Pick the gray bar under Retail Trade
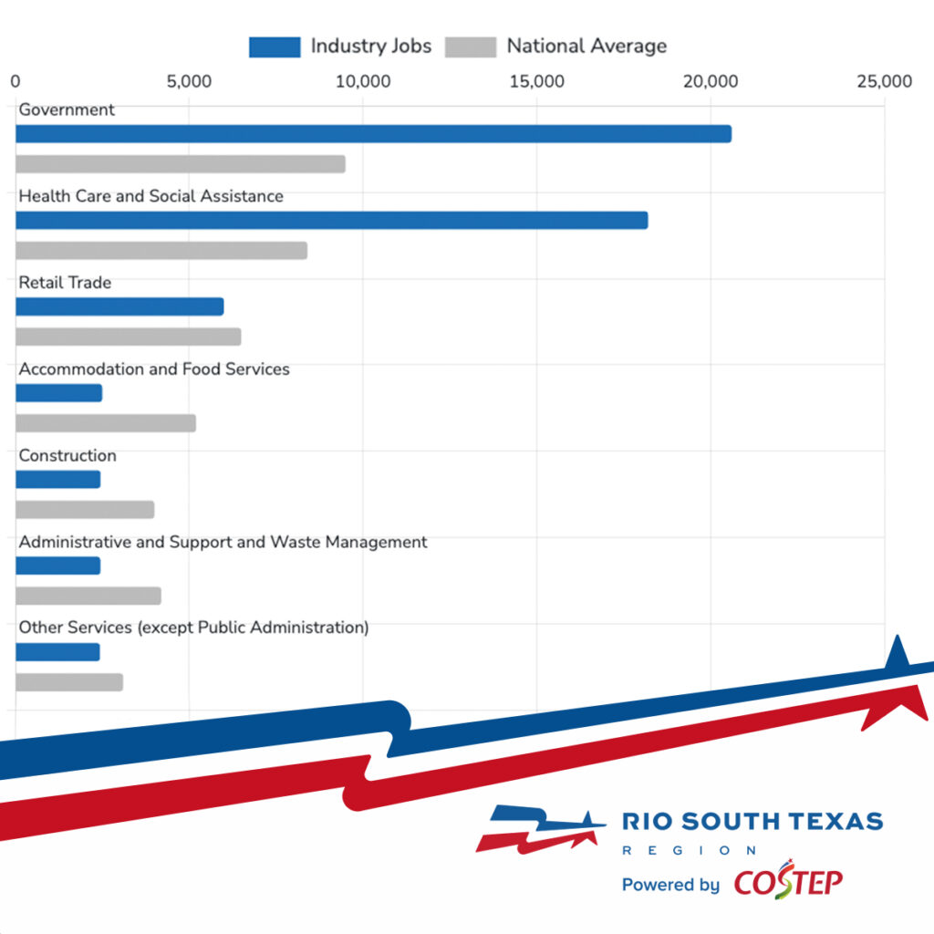(129, 337)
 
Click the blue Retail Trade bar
(119, 306)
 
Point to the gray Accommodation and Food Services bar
(106, 423)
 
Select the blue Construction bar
(58, 480)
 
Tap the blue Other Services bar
(57, 652)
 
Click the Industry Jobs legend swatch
(275, 47)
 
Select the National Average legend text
(586, 47)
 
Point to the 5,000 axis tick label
(189, 82)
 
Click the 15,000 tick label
(536, 82)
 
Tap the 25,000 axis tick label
(884, 82)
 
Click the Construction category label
(67, 456)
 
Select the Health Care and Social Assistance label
(151, 196)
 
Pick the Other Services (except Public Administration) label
(193, 628)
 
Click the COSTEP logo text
(788, 882)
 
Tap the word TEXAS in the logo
(836, 821)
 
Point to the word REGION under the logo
(689, 850)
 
